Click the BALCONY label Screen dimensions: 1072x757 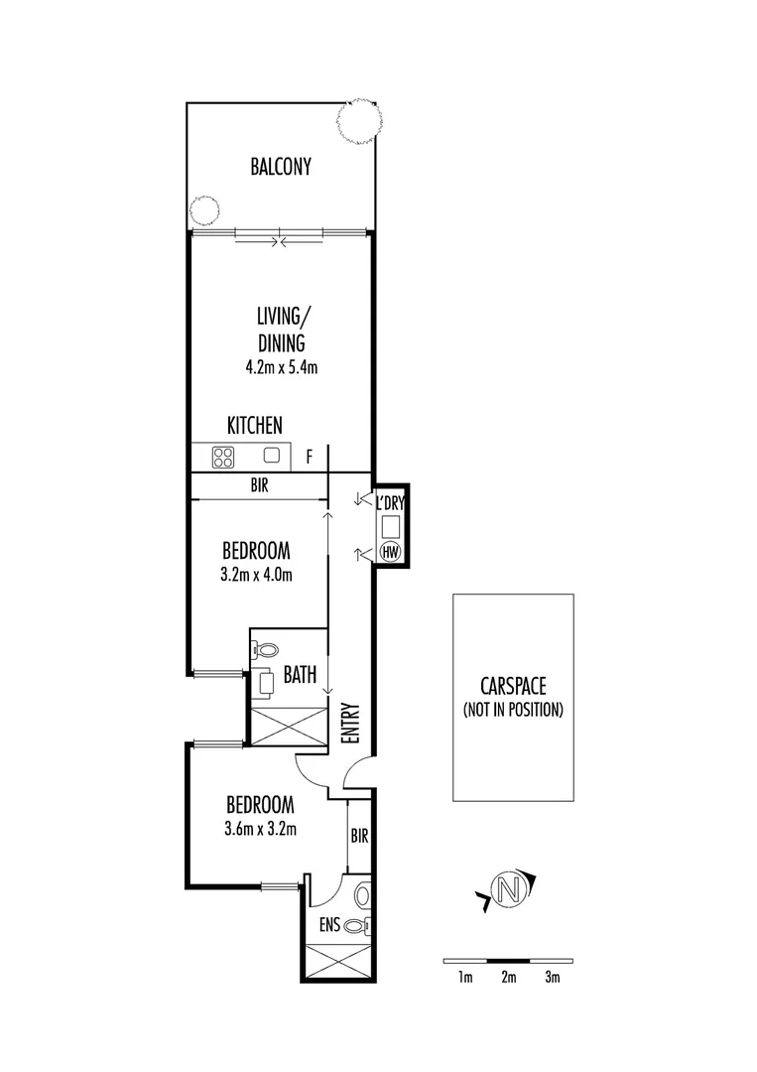pos(281,167)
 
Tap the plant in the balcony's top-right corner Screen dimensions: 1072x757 pos(358,121)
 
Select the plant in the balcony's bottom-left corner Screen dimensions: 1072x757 pos(204,210)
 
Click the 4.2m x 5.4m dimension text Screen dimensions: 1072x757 pos(281,366)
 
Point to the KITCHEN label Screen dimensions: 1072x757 pos(255,425)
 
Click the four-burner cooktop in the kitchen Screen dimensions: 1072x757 pos(223,457)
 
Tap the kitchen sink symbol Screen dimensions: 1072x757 pos(272,457)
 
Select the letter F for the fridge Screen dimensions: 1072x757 pos(310,458)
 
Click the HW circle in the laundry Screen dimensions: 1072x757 pos(390,552)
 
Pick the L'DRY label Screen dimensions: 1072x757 pos(390,503)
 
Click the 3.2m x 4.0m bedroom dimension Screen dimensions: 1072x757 pos(256,574)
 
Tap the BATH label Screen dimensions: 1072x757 pos(300,676)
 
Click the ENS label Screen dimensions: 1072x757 pos(330,925)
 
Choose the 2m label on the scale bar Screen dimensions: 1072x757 pos(508,978)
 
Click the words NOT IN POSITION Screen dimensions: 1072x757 pos(513,710)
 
